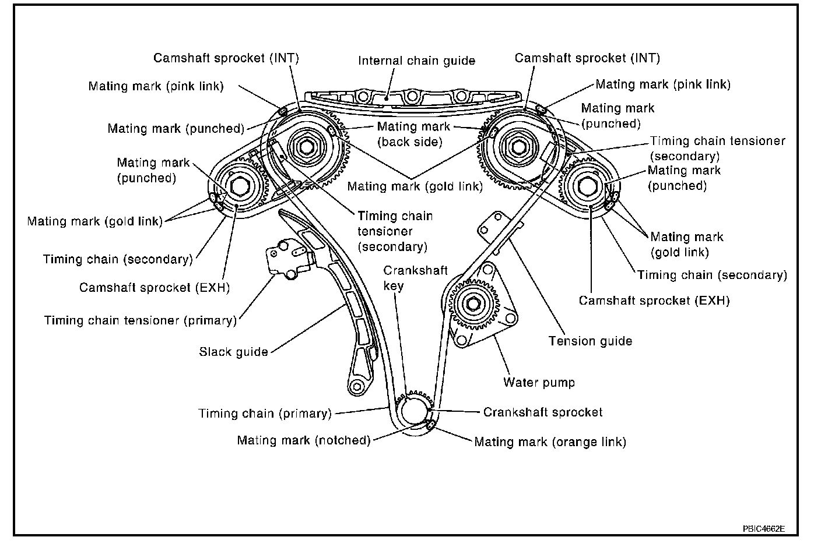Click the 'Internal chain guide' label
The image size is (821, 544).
(416, 61)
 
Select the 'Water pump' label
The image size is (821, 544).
(539, 383)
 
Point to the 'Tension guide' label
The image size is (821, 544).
(590, 341)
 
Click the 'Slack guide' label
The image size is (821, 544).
(233, 352)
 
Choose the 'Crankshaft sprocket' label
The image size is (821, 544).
(543, 412)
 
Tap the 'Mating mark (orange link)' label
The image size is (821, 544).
(550, 442)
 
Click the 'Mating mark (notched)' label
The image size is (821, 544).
(303, 440)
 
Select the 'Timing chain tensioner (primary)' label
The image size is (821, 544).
(141, 320)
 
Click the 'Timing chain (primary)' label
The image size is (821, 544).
(265, 414)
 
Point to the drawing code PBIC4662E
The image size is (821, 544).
(763, 529)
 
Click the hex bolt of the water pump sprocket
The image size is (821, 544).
(473, 305)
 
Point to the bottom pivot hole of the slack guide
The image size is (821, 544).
(356, 385)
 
